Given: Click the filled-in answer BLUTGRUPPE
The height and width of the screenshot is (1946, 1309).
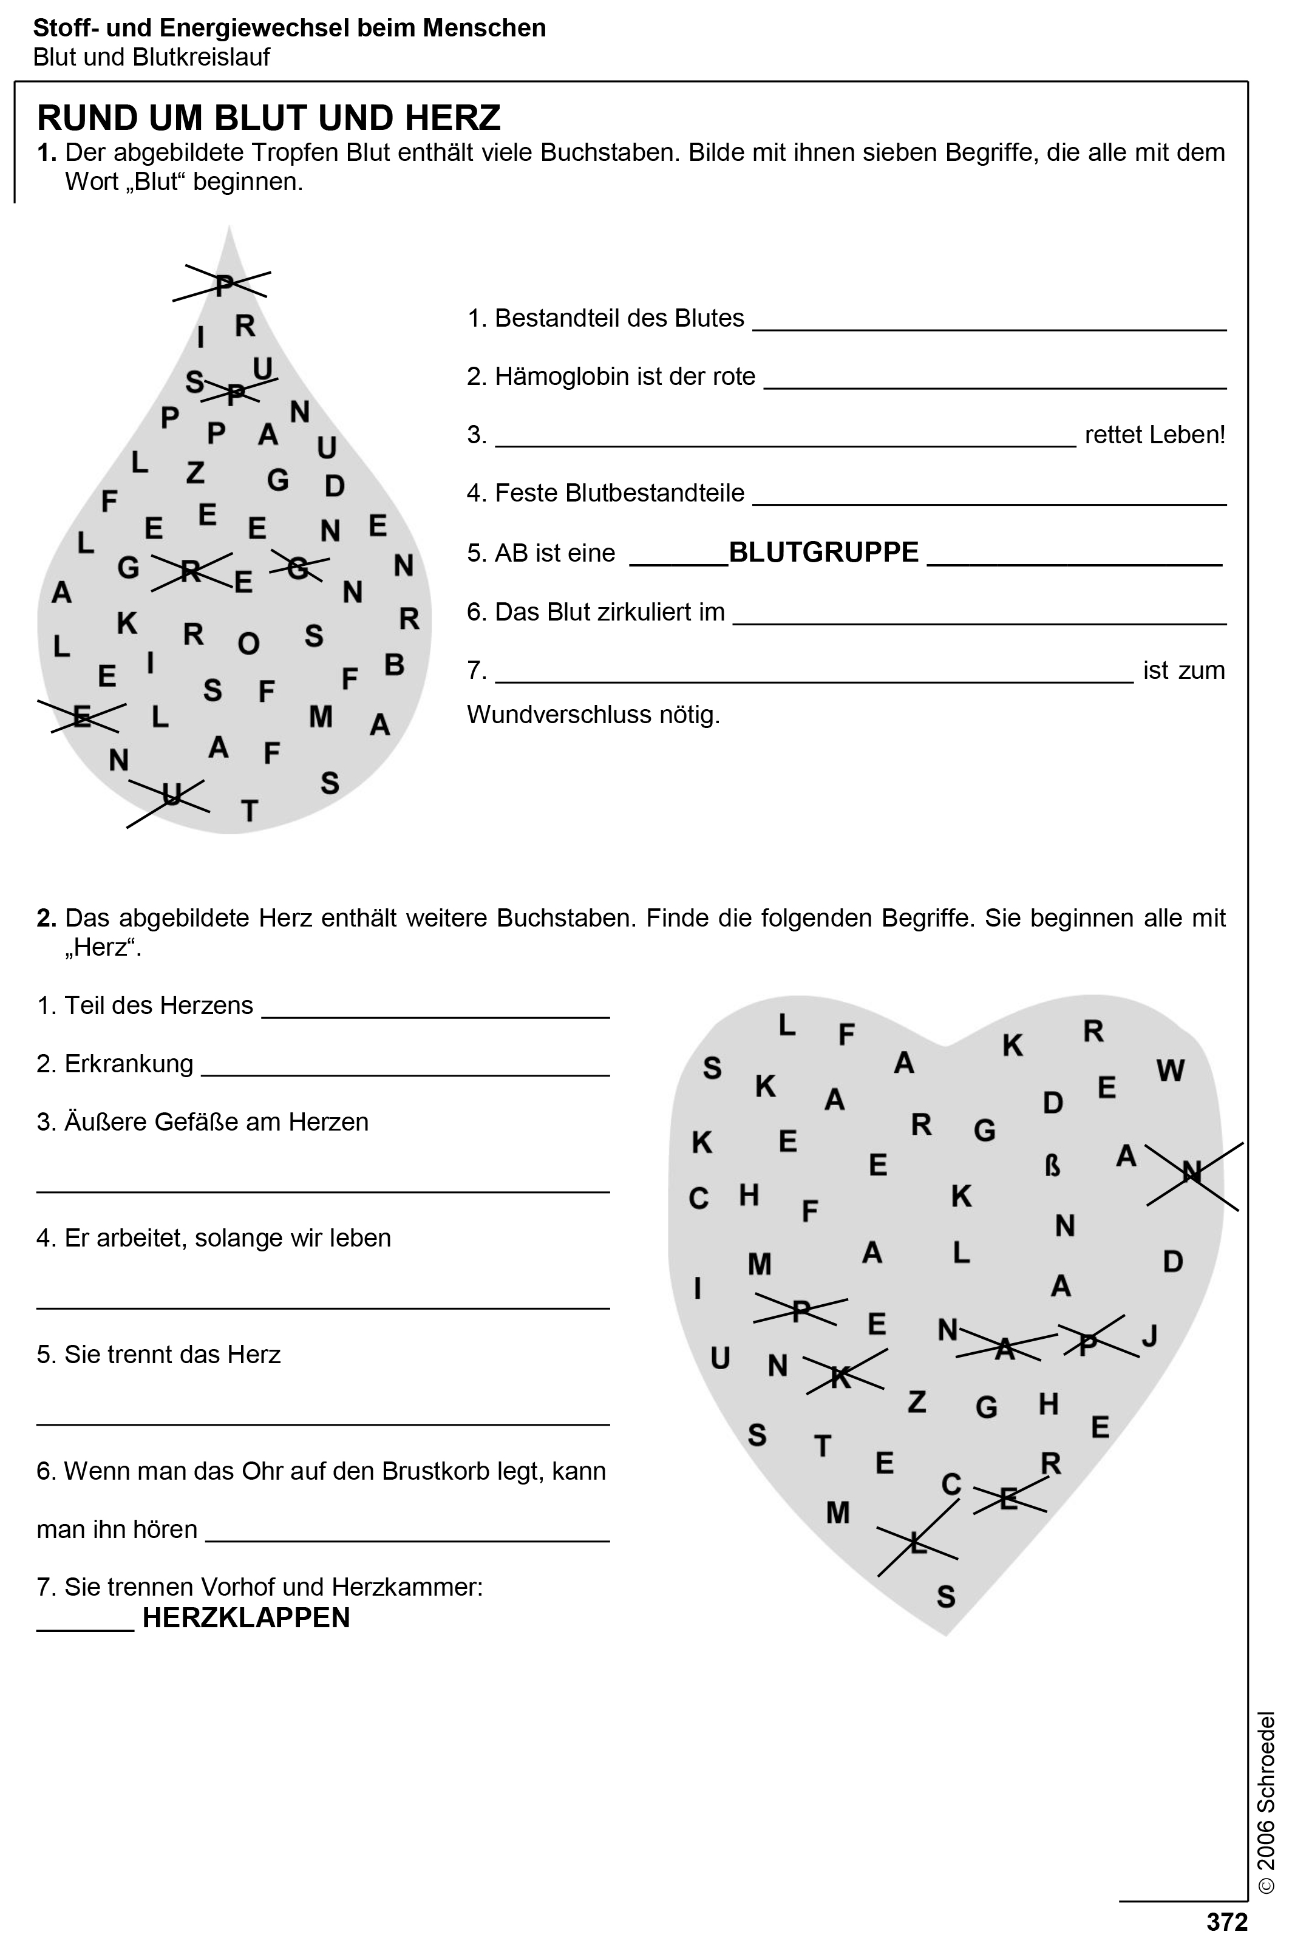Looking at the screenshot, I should coord(823,553).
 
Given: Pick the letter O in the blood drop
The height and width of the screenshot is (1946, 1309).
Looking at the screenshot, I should coord(249,644).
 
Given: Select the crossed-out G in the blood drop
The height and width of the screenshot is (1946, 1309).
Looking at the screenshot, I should coord(297,568).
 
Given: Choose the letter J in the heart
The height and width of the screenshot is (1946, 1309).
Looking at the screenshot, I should coord(1149,1336).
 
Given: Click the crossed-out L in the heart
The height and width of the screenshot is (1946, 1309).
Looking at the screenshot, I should coord(917,1543).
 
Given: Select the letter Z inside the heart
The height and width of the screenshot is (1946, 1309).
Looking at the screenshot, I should coord(917,1402).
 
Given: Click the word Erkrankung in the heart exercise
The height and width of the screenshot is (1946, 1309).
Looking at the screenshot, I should coord(129,1064).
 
